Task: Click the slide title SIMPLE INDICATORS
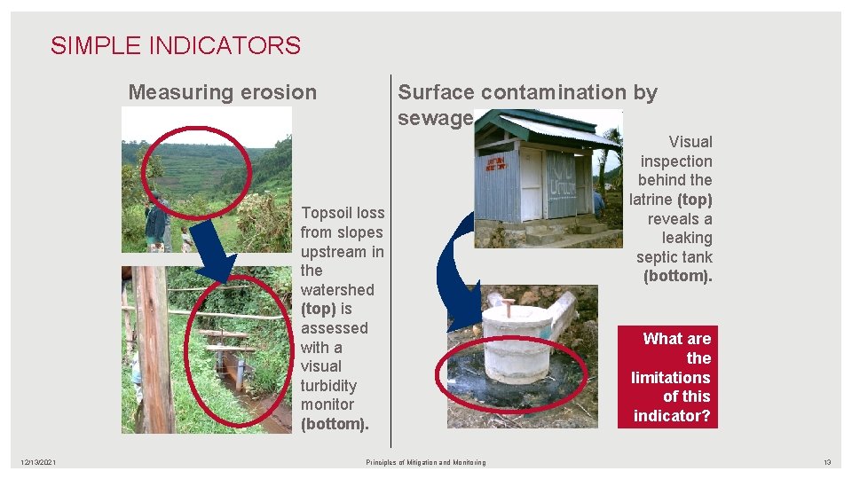tap(176, 45)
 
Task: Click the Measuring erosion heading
tap(222, 92)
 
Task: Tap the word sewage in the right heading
tap(435, 119)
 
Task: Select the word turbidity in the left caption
tap(328, 386)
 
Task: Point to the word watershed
tap(337, 290)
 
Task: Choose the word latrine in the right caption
tap(651, 200)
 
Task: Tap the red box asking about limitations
tap(672, 377)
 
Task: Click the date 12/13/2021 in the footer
tap(39, 463)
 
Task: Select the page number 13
tap(826, 463)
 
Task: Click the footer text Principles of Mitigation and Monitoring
tap(426, 463)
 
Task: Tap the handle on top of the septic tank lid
tap(508, 307)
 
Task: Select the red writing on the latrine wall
tap(496, 164)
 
